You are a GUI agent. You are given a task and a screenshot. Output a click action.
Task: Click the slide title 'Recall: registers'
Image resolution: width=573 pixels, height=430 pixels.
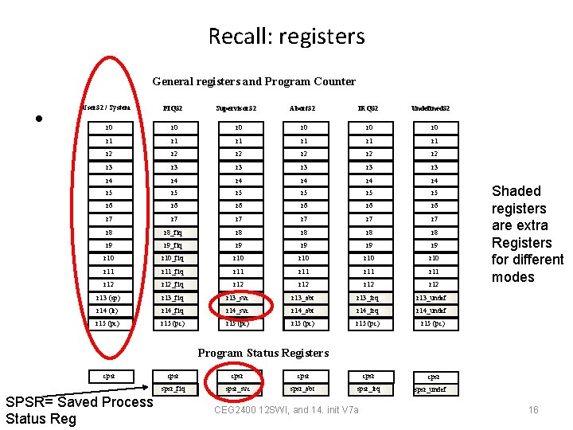[x=286, y=36]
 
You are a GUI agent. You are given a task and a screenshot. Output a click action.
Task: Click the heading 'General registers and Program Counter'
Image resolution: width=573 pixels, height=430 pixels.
[x=254, y=81]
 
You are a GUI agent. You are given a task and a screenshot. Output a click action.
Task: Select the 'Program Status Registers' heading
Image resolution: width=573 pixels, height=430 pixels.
[x=263, y=353]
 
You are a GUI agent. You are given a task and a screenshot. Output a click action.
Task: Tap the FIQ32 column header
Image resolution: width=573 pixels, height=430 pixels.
[x=173, y=107]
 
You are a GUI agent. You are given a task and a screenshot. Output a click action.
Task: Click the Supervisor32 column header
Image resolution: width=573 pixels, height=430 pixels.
[x=236, y=107]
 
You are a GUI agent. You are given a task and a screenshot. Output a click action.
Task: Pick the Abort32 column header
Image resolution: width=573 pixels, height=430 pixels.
[x=302, y=107]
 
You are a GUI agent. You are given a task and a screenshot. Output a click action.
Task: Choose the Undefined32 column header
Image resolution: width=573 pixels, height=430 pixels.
[x=431, y=107]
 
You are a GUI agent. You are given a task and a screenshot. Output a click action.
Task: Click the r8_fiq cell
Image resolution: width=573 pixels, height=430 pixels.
[x=173, y=233]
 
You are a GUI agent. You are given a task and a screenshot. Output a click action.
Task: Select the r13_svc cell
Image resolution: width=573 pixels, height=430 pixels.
[x=236, y=298]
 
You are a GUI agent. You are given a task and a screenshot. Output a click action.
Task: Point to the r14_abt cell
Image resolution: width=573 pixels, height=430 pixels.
[x=302, y=311]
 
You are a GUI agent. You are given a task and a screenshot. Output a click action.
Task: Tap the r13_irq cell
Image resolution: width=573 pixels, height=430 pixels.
[x=368, y=298]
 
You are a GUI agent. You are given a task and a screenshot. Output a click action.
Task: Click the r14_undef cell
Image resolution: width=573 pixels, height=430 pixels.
[x=431, y=311]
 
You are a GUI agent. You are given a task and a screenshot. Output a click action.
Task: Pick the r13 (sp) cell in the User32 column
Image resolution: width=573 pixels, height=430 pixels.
[x=107, y=298]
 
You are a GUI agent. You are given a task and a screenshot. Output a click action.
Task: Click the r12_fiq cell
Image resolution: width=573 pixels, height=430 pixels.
[x=173, y=284]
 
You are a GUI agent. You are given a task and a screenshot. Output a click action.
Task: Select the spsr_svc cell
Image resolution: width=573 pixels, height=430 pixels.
[x=236, y=389]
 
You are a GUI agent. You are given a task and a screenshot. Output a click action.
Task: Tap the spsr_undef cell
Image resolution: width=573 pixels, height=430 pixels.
[x=431, y=389]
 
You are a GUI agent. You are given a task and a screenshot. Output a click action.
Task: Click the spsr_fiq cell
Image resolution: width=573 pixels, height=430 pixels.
[x=173, y=389]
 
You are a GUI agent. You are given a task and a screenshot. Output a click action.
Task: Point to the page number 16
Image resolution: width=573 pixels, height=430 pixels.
[x=533, y=410]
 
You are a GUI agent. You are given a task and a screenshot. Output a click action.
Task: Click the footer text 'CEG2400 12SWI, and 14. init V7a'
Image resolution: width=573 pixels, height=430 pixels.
[x=286, y=410]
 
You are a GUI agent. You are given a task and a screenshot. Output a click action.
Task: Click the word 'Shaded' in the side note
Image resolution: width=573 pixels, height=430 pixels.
[x=516, y=191]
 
